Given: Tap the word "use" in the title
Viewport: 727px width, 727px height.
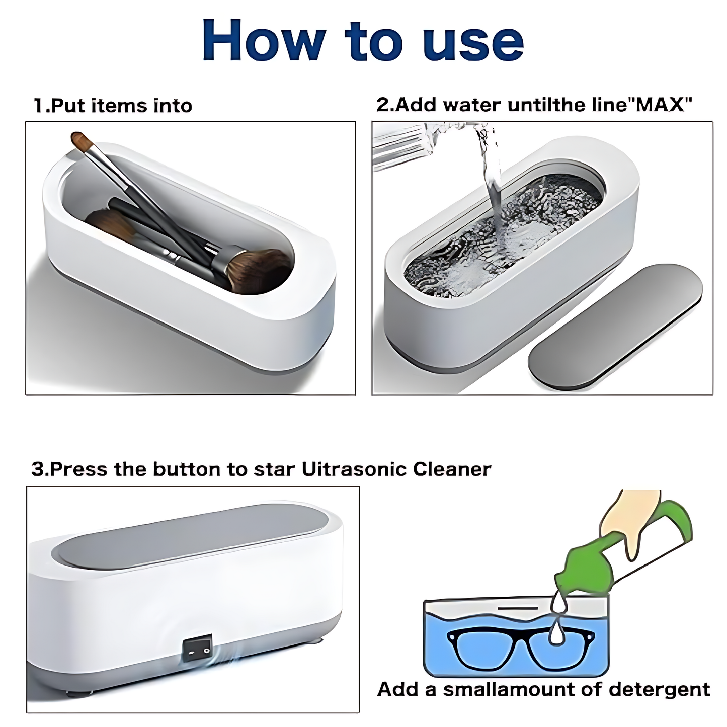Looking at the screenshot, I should tap(473, 41).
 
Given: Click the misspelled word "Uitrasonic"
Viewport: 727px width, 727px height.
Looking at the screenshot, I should tap(354, 469).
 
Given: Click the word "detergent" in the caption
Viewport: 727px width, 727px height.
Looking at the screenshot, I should tap(659, 689).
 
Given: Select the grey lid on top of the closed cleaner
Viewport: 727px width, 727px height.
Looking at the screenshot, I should tap(191, 533).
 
